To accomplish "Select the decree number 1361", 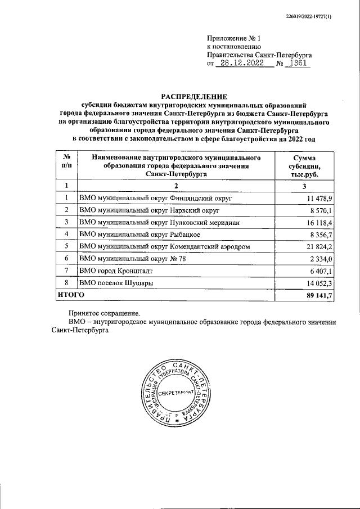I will [296, 64].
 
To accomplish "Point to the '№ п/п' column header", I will [66, 161].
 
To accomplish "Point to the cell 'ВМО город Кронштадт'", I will [116, 271].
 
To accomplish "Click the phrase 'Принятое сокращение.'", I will [103, 313].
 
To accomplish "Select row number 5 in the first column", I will [66, 246].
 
